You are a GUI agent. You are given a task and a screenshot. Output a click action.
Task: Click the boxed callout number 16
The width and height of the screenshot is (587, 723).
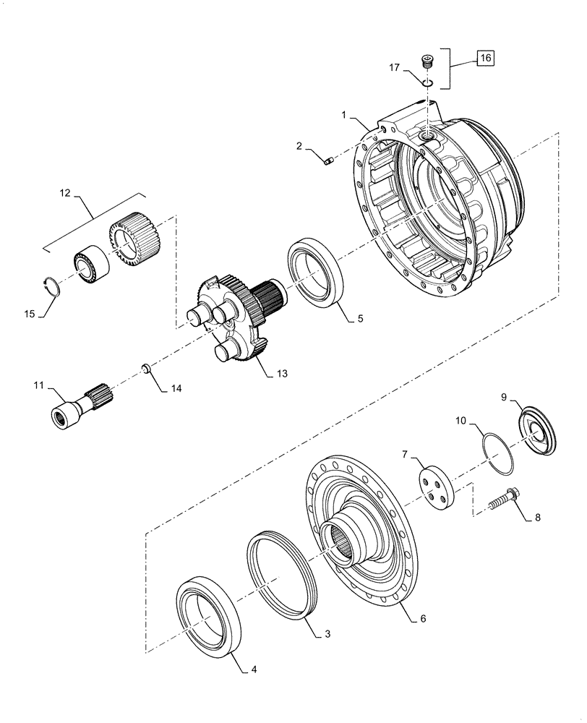(x=484, y=57)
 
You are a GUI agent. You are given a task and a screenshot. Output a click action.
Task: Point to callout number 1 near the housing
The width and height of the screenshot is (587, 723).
(x=344, y=116)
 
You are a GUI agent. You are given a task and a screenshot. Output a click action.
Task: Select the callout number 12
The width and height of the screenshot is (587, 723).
(x=67, y=194)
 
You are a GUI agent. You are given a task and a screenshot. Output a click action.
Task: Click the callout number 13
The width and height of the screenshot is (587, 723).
(x=281, y=373)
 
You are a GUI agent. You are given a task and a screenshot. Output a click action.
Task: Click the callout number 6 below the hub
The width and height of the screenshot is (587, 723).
(x=423, y=619)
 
